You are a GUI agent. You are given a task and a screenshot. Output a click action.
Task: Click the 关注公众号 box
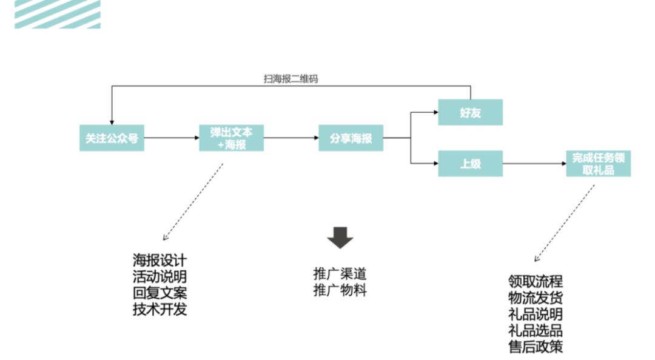[x=112, y=138]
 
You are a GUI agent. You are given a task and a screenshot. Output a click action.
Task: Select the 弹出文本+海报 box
[x=231, y=138]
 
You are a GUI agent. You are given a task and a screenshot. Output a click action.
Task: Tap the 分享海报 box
[x=351, y=138]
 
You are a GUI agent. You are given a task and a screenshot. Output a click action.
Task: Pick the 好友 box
[x=470, y=112]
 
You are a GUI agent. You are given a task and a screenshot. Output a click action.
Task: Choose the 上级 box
[x=470, y=164]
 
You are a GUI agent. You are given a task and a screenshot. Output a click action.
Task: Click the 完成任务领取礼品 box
[x=598, y=164]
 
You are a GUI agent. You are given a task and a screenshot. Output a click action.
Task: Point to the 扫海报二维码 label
[x=291, y=79]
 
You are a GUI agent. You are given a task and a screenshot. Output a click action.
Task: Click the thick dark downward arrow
[x=340, y=237]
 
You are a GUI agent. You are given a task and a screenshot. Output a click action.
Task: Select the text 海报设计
[x=160, y=261]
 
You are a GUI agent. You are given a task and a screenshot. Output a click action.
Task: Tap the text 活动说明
[x=160, y=277]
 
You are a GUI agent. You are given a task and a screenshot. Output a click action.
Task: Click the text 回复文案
[x=160, y=293]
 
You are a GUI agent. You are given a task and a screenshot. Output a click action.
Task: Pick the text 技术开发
[x=160, y=310]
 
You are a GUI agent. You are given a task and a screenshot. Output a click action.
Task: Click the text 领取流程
[x=536, y=282]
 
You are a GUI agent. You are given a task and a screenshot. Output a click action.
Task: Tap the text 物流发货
[x=536, y=298]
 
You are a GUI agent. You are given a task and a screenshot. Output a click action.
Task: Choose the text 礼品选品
[x=536, y=331]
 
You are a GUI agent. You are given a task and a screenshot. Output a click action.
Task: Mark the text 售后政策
[x=536, y=347]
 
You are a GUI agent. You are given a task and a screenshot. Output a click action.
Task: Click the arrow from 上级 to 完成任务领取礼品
[x=534, y=164]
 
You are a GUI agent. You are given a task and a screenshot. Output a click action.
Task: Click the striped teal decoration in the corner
[x=58, y=14]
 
